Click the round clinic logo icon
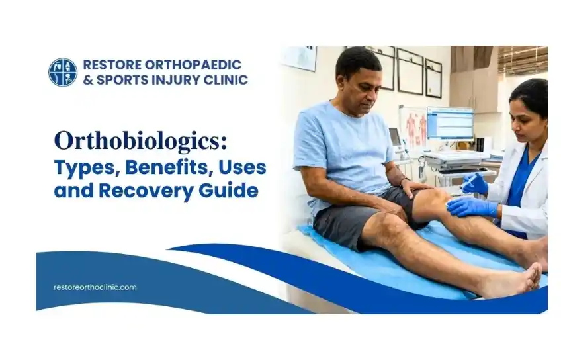pos(63,72)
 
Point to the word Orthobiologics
pos(141,141)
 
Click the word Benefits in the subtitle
pos(167,168)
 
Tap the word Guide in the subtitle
pos(228,190)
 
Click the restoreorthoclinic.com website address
pos(95,287)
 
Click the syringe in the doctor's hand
pos(469,181)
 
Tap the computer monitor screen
pos(450,123)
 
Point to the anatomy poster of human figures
pos(413,127)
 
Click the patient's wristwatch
pos(404,179)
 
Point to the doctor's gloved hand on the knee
pos(472,208)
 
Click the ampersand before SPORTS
pos(88,80)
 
